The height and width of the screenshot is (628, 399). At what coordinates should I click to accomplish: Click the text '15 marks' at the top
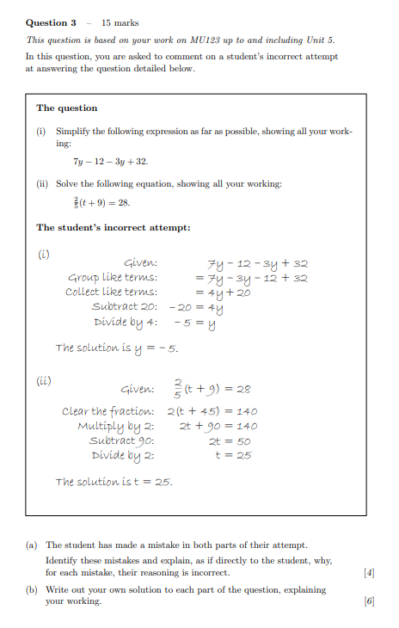point(120,22)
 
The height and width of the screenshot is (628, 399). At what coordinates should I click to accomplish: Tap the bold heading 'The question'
point(66,108)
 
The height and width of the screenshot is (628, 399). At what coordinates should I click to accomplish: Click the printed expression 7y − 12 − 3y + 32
point(110,162)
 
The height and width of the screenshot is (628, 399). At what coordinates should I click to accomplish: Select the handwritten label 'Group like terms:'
point(113,278)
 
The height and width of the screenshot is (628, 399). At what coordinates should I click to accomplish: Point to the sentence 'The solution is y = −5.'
point(116,348)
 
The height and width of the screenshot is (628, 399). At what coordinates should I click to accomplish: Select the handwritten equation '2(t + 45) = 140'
point(212,411)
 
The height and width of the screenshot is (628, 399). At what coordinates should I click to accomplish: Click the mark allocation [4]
point(369,572)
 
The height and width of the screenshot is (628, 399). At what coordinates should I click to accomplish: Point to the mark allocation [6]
point(369,601)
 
